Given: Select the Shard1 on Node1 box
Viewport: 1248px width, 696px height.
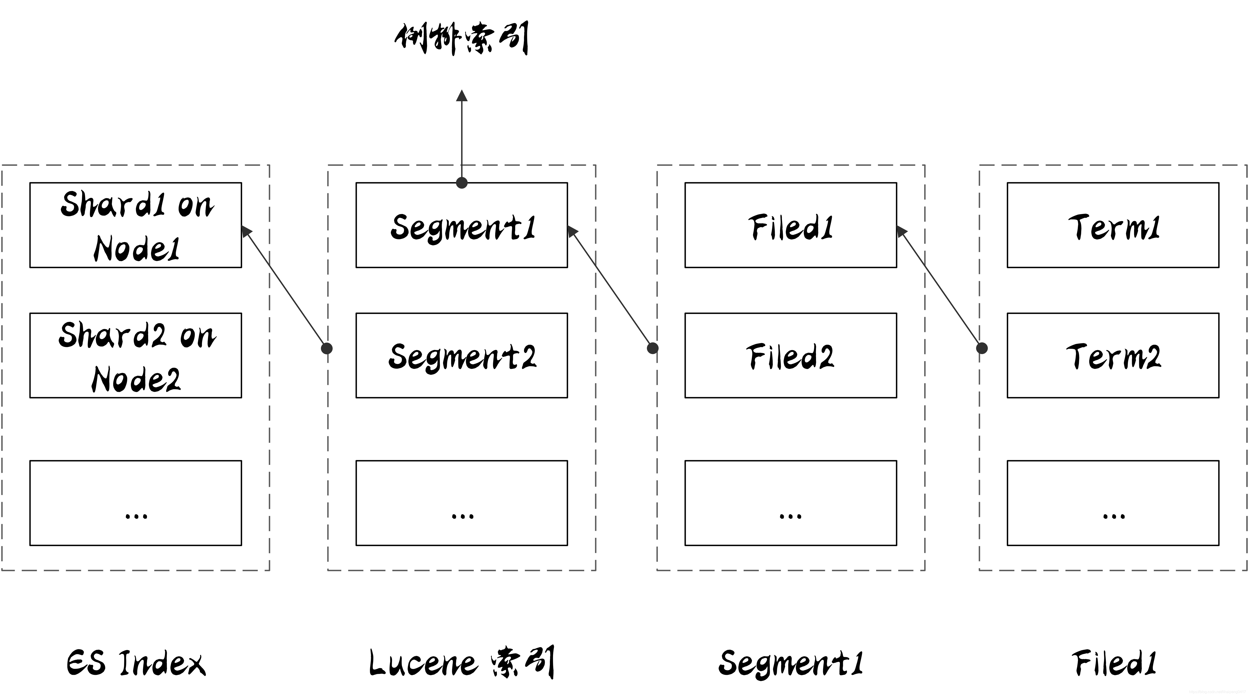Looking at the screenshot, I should tap(136, 225).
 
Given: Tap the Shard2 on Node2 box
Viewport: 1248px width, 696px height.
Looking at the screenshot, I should tap(136, 355).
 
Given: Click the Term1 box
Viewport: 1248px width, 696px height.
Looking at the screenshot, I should tap(1113, 225).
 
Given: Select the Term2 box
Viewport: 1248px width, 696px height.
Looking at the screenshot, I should tap(1113, 355).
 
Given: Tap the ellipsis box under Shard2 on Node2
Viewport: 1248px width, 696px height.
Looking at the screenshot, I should tap(136, 503).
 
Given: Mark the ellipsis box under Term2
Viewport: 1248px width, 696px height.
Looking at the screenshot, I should tap(1113, 503).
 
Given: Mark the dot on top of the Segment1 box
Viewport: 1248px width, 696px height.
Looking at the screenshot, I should tap(462, 183).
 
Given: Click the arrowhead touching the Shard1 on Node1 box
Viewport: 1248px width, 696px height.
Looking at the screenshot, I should tap(246, 231).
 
